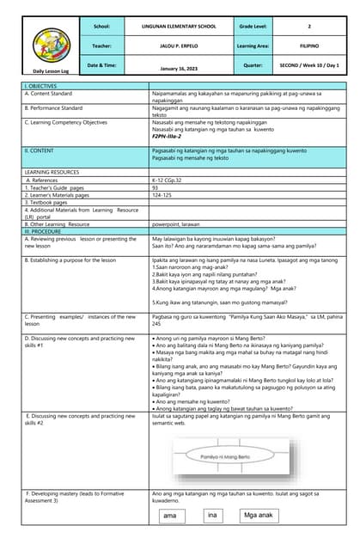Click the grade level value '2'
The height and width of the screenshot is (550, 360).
(x=308, y=27)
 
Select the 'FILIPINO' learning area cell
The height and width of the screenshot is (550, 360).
(x=308, y=46)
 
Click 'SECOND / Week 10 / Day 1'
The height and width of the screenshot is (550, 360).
(x=308, y=64)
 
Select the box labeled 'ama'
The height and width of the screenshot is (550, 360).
(x=170, y=516)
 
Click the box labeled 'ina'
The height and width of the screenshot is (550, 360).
(x=212, y=516)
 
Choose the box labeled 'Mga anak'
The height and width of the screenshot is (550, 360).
(x=258, y=516)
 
